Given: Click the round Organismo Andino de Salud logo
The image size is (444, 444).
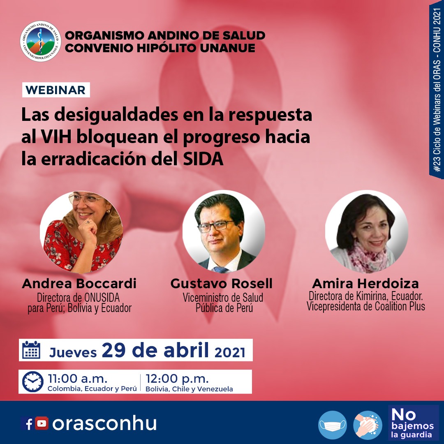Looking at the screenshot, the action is pyautogui.click(x=40, y=42).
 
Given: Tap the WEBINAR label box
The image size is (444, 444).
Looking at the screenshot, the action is pyautogui.click(x=56, y=90).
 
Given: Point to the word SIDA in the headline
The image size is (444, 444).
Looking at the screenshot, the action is pyautogui.click(x=203, y=159).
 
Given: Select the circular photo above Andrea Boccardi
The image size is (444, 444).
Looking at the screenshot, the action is pyautogui.click(x=81, y=232).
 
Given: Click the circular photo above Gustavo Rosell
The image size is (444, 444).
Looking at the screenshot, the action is pyautogui.click(x=224, y=231).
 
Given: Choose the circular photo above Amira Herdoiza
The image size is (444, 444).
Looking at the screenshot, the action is pyautogui.click(x=366, y=231).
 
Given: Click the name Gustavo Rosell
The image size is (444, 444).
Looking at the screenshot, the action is pyautogui.click(x=222, y=283).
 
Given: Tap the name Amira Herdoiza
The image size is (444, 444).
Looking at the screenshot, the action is pyautogui.click(x=365, y=283).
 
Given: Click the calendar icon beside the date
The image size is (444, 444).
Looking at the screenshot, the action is pyautogui.click(x=31, y=350).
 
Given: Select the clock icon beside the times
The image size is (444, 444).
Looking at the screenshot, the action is pyautogui.click(x=33, y=382).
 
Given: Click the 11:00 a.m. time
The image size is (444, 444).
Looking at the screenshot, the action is pyautogui.click(x=78, y=378).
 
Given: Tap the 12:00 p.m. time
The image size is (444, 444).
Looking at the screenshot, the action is pyautogui.click(x=177, y=378).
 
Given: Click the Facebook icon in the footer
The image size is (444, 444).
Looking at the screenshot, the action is pyautogui.click(x=28, y=423).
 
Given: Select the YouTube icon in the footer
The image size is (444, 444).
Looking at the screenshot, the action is pyautogui.click(x=42, y=423).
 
